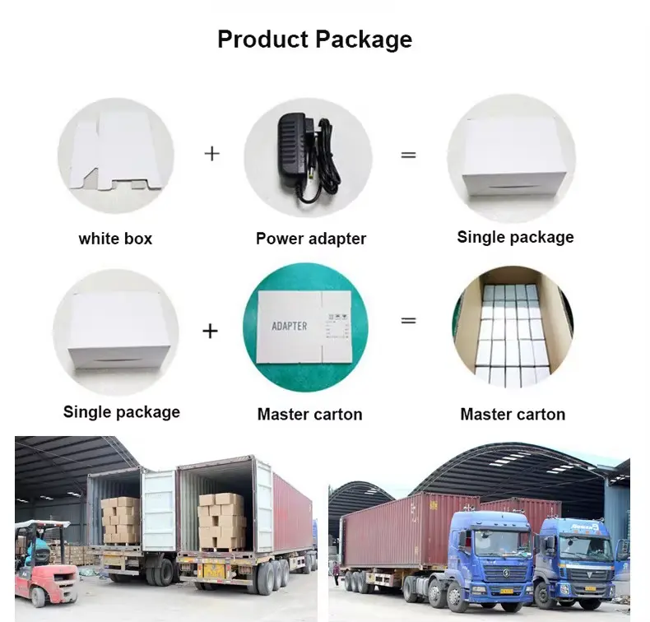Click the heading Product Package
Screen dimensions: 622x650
tap(314, 39)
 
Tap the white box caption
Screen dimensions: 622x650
tap(115, 239)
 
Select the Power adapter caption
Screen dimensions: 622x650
tap(310, 239)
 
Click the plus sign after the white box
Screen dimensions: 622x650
tap(212, 153)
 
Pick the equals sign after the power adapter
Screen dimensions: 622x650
tap(408, 154)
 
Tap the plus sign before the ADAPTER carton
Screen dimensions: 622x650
tap(211, 331)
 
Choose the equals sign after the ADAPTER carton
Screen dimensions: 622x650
tap(408, 320)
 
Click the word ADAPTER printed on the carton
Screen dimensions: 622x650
tap(289, 326)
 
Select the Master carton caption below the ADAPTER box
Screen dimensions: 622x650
tap(309, 415)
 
